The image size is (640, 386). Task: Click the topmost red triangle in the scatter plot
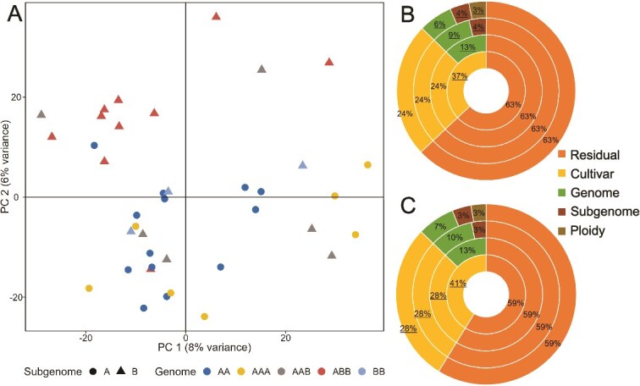point(216,16)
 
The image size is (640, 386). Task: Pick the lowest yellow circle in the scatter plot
point(204,317)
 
